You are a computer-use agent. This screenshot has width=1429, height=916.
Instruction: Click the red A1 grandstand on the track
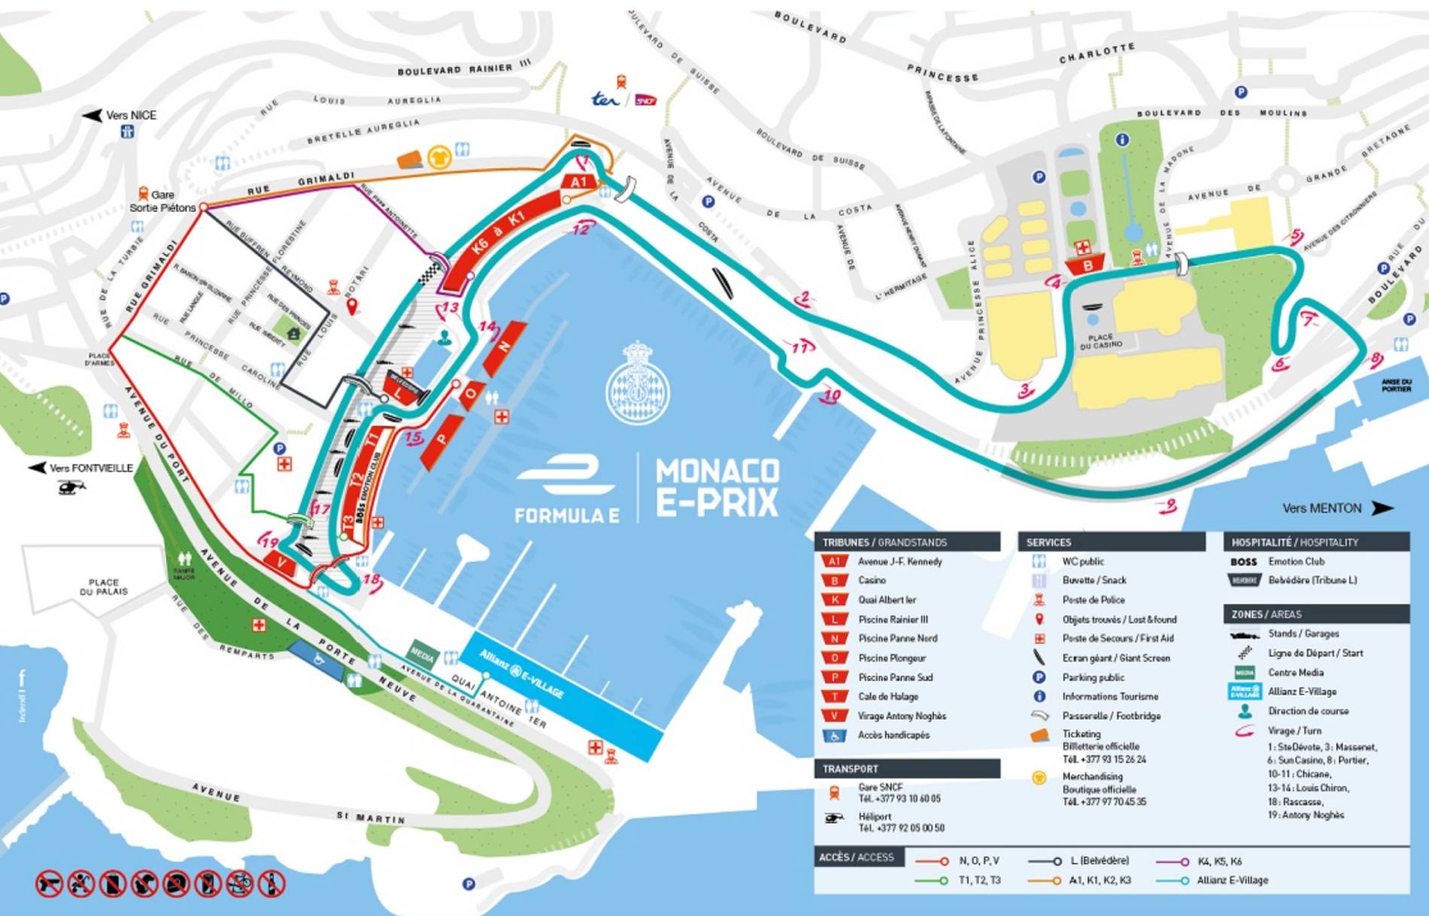pos(578,182)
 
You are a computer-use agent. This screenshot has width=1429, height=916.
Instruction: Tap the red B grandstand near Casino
pos(1087,265)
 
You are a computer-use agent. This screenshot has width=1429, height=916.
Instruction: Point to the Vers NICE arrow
pos(92,115)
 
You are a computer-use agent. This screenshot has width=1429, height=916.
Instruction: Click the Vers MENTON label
pos(1321,508)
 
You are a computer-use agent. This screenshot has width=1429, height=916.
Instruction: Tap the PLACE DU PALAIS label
pos(103,587)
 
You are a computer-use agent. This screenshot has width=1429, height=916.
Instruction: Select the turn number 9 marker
pos(1168,506)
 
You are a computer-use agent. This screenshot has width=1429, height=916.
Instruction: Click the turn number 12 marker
pos(581,228)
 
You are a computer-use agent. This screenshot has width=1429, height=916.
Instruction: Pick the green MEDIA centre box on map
pos(422,655)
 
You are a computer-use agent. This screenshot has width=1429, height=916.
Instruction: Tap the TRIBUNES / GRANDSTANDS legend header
pos(884,542)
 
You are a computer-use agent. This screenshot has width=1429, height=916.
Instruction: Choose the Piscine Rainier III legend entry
pos(893,619)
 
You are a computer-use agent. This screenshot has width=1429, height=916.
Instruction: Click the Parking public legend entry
pos(1093,677)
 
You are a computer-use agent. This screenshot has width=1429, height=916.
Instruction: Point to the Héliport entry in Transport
pos(874,817)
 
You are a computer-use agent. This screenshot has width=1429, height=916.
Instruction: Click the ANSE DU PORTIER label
pos(1396,385)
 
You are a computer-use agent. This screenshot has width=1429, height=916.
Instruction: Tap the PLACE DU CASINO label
pos(1100,341)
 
